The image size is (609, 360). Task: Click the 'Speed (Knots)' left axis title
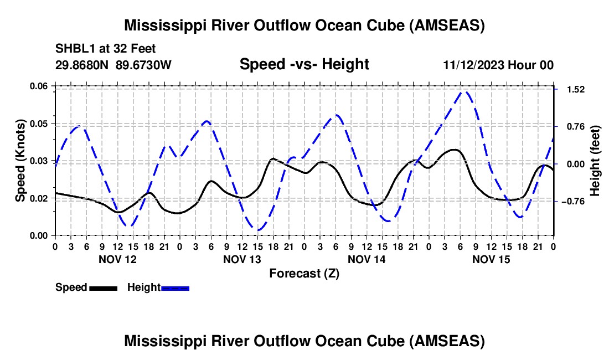pyautogui.click(x=20, y=161)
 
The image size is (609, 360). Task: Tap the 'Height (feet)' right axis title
pyautogui.click(x=595, y=161)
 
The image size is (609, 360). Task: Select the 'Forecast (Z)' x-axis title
pyautogui.click(x=304, y=273)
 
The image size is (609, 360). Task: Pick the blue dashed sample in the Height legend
pyautogui.click(x=175, y=287)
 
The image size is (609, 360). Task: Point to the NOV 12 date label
pyautogui.click(x=117, y=259)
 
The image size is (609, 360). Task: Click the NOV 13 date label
pyautogui.click(x=242, y=259)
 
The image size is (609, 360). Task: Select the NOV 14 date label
pyautogui.click(x=367, y=259)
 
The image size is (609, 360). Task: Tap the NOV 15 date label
pyautogui.click(x=491, y=259)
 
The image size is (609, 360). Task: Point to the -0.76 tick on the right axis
pyautogui.click(x=571, y=201)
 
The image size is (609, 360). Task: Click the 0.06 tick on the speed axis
pyautogui.click(x=40, y=86)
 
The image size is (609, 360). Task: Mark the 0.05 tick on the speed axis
pyautogui.click(x=40, y=123)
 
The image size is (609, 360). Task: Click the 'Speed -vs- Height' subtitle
pyautogui.click(x=304, y=64)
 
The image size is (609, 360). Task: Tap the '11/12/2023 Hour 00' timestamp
pyautogui.click(x=498, y=65)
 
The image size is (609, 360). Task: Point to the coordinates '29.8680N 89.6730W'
pyautogui.click(x=113, y=65)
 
